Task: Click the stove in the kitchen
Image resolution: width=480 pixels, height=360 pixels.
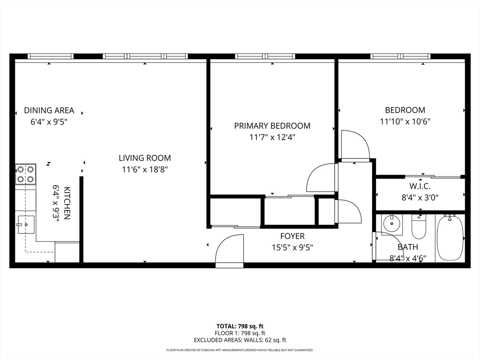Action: [x=26, y=174]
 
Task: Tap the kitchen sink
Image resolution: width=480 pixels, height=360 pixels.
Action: [x=26, y=225]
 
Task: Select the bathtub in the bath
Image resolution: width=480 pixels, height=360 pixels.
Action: [x=450, y=238]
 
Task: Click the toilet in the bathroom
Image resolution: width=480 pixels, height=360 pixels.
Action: [x=419, y=226]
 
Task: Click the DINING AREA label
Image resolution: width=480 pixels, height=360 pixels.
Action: [x=49, y=110]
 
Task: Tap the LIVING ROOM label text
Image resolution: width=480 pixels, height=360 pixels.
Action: [x=145, y=158]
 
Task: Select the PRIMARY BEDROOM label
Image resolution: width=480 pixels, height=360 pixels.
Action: [x=272, y=126]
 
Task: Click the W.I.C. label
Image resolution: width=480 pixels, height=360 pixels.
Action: [x=420, y=186]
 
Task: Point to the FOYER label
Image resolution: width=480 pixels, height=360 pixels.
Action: [x=292, y=236]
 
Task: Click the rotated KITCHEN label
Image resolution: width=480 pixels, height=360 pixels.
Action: [x=67, y=203]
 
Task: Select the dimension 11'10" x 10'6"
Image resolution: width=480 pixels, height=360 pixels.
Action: [x=405, y=121]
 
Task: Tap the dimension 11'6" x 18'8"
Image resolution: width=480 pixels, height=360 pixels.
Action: [x=145, y=169]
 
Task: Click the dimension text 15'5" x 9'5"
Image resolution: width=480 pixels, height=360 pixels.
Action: [x=292, y=247]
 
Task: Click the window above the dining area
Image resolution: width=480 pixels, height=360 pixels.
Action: [x=51, y=56]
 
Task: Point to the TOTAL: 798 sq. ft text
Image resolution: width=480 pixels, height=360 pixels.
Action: [x=240, y=326]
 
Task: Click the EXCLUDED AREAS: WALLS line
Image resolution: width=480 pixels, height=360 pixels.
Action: [x=240, y=340]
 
